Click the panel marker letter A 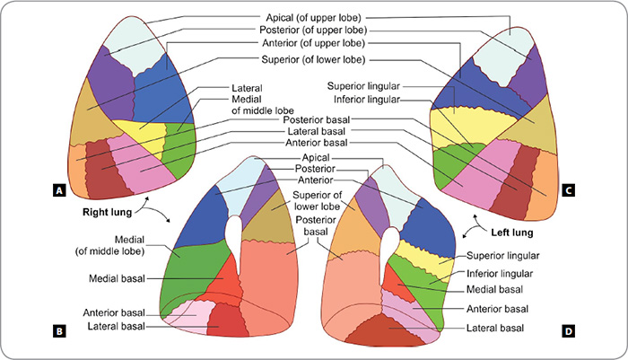tap(58, 190)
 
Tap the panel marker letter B tap(58, 331)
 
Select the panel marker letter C tap(569, 190)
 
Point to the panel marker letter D tap(569, 331)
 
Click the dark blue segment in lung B tap(202, 215)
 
